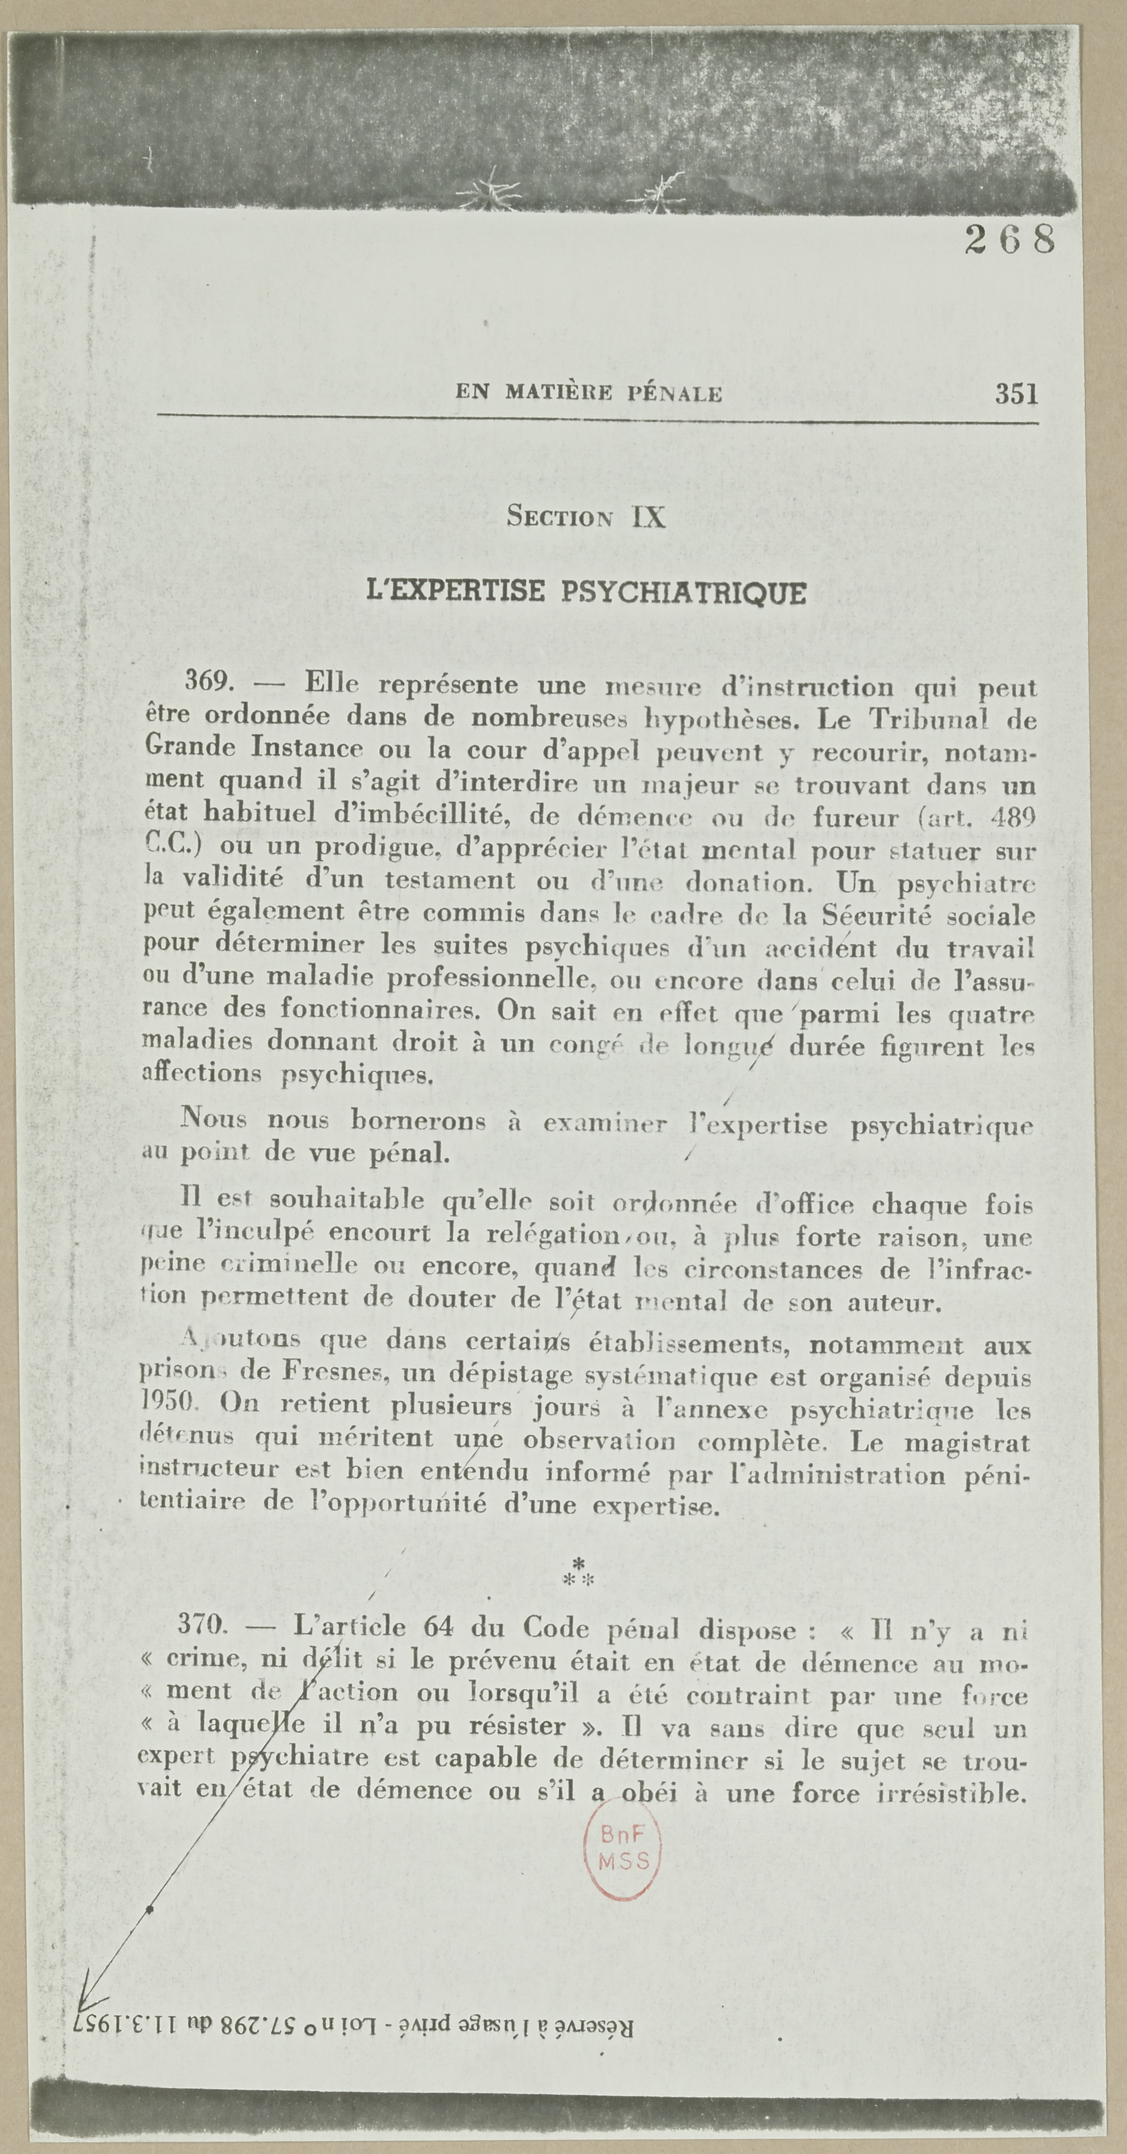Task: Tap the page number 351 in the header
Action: tap(1016, 394)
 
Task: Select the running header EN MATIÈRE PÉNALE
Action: tap(589, 393)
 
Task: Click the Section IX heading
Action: tap(586, 517)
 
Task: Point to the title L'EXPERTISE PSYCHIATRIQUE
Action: tap(586, 593)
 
